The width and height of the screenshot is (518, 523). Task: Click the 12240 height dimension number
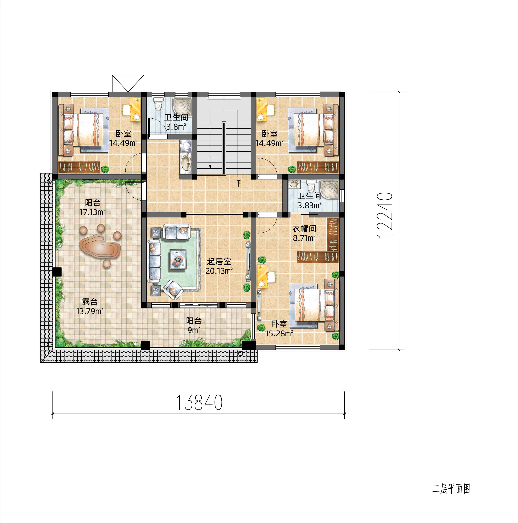(x=385, y=215)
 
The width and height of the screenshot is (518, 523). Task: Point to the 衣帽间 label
(x=304, y=229)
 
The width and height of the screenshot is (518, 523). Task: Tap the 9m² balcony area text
(x=194, y=330)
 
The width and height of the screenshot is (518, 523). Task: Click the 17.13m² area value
(x=92, y=212)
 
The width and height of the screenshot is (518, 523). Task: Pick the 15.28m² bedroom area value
(x=279, y=333)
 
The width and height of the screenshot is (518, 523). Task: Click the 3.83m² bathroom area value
(x=310, y=205)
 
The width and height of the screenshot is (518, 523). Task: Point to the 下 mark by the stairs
(x=238, y=183)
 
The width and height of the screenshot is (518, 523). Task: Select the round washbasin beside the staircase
(x=185, y=162)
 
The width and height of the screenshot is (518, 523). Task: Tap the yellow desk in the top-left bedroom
(x=135, y=110)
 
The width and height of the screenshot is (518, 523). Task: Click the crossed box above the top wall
(x=128, y=83)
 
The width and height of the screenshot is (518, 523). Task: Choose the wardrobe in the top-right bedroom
(x=318, y=167)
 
